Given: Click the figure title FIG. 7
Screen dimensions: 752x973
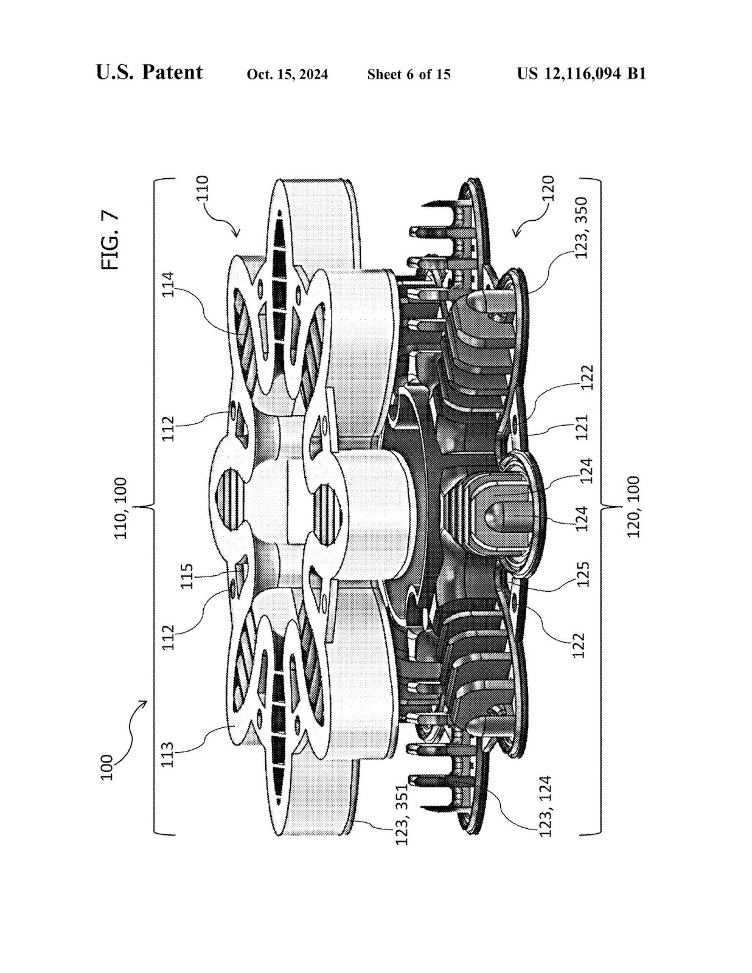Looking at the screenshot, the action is [x=110, y=240].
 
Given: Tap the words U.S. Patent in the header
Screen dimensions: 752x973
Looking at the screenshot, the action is [x=149, y=72].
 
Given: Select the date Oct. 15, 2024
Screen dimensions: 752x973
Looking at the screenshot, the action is [x=287, y=74].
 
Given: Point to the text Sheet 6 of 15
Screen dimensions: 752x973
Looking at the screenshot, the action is [x=408, y=74].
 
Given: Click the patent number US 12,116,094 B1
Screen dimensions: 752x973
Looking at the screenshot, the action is [x=582, y=74].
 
